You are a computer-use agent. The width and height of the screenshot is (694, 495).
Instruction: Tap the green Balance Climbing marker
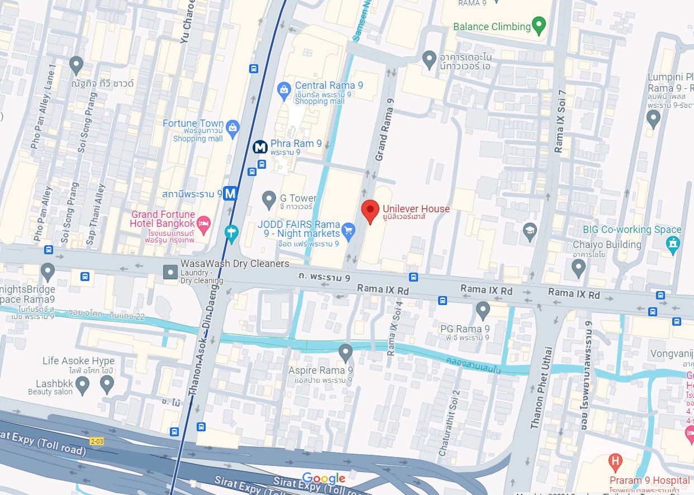click(x=539, y=25)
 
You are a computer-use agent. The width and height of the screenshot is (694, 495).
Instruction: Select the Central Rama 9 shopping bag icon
click(x=284, y=88)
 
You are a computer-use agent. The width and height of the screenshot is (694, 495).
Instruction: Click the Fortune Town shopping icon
click(x=232, y=128)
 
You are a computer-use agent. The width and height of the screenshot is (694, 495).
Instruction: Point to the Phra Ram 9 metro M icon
click(x=260, y=147)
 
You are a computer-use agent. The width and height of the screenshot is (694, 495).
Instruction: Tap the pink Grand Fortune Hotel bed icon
click(x=205, y=223)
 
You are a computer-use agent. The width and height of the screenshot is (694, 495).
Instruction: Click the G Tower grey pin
click(x=269, y=198)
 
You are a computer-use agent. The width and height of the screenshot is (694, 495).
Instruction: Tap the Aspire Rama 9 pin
click(x=345, y=352)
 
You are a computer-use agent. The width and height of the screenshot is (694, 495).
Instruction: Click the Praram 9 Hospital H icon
click(x=615, y=461)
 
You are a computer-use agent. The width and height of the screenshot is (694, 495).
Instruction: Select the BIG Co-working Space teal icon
click(x=673, y=244)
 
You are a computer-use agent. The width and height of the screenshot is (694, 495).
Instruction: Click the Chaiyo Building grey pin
click(x=579, y=268)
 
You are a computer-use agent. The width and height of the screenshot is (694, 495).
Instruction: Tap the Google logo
click(x=324, y=479)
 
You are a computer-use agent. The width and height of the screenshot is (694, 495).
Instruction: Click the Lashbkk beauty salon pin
click(x=83, y=384)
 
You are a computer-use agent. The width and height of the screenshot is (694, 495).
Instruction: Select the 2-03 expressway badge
click(x=97, y=441)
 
